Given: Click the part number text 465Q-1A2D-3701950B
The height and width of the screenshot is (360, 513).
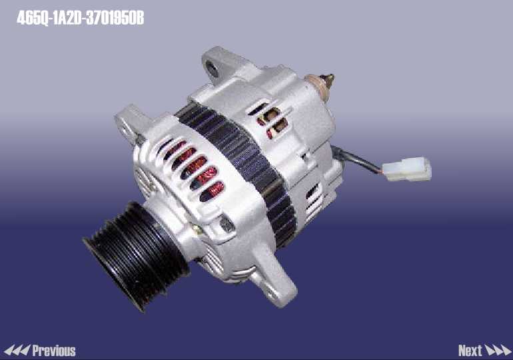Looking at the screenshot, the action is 80,18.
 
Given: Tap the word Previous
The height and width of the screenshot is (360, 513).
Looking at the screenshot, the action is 54,351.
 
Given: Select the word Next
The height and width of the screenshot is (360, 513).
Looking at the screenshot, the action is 470,351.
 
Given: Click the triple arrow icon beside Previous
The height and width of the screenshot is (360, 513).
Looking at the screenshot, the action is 17,350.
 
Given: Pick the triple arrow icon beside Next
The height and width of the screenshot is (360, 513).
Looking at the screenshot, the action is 498,350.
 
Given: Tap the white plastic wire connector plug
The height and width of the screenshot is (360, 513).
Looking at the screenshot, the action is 407,169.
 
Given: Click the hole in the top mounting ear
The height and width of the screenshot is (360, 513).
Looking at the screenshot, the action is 212,69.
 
